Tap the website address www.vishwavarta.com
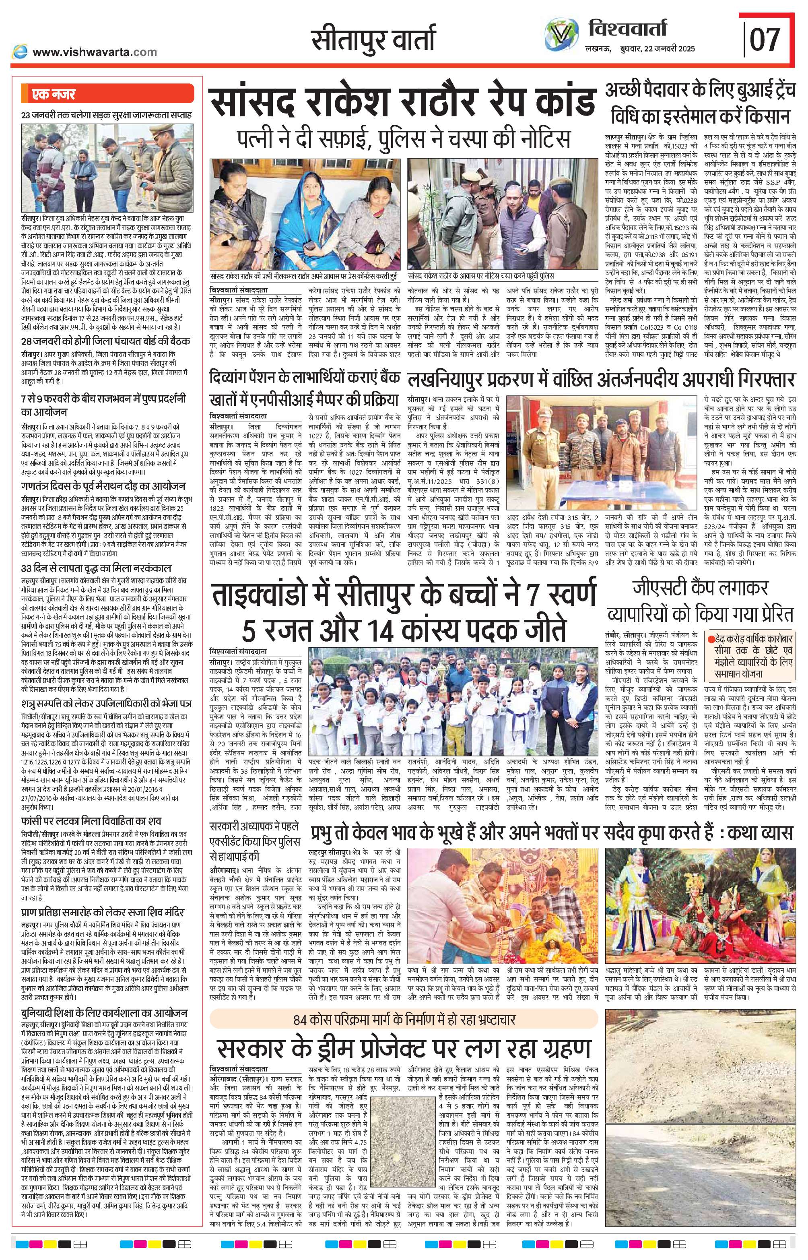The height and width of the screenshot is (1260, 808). click(95, 52)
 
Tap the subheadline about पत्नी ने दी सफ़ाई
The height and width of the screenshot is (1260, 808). click(402, 138)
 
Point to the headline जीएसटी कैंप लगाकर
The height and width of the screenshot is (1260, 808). click(701, 588)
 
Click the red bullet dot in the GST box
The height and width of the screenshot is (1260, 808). click(711, 640)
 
